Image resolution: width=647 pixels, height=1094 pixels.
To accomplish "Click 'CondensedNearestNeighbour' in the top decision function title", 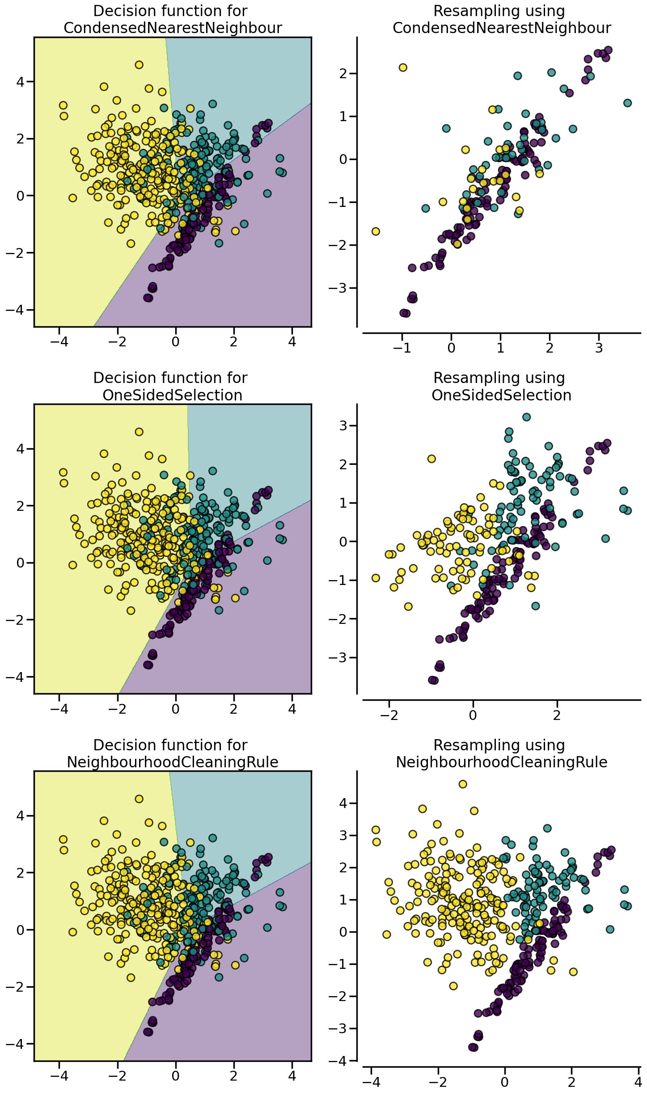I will tap(173, 28).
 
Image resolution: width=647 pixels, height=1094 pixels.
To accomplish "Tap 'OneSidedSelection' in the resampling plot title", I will tap(501, 395).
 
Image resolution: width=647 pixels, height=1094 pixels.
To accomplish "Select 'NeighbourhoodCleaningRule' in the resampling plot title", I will tap(501, 762).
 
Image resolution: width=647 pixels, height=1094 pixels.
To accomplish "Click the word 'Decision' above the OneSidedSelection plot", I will tap(121, 378).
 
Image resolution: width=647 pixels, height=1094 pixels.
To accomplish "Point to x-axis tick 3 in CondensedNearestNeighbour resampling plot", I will tap(599, 348).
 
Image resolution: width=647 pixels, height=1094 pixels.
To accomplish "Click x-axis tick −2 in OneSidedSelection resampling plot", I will tap(389, 715).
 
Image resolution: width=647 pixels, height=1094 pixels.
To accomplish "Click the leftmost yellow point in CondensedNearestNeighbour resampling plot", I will tap(376, 231).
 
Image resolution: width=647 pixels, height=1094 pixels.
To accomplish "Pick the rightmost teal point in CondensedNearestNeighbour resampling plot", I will tap(627, 103).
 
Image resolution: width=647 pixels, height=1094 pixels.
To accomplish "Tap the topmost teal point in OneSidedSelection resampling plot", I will tap(526, 417).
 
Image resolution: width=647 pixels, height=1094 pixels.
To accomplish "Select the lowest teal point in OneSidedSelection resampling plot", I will tap(535, 606).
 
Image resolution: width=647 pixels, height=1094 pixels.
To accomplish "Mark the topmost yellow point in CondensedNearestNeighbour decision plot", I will tap(139, 65).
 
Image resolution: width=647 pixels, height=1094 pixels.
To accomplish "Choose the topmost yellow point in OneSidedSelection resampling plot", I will tap(431, 459).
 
